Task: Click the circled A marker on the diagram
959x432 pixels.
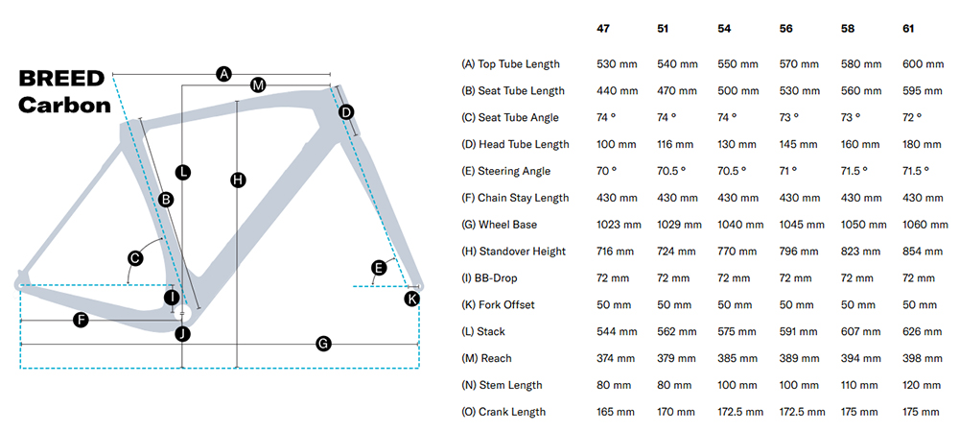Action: click(224, 73)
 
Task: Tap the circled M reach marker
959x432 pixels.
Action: click(257, 85)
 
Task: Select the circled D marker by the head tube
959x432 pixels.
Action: click(346, 112)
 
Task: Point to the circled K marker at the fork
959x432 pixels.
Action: click(412, 299)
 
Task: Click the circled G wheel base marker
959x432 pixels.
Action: click(323, 343)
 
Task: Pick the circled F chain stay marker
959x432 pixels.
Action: click(82, 320)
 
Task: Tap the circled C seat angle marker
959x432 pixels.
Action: click(135, 257)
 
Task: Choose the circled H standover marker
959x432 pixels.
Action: click(238, 180)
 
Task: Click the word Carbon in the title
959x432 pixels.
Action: click(65, 105)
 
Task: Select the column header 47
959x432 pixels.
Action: click(603, 28)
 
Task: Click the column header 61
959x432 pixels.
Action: click(910, 28)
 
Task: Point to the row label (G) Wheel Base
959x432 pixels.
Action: click(500, 225)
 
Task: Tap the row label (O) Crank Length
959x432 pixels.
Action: click(503, 412)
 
